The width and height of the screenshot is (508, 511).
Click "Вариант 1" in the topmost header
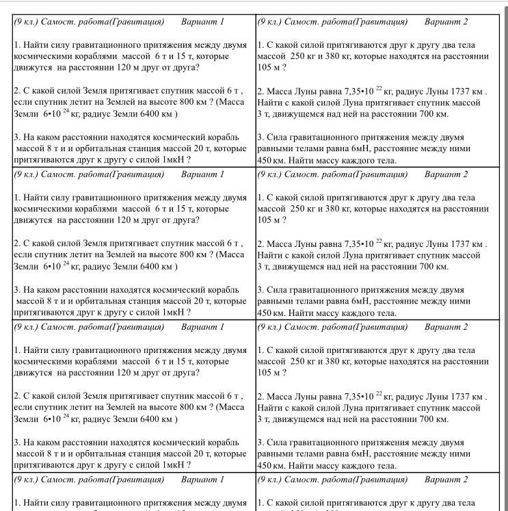point(202,21)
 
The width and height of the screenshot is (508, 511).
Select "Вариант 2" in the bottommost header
point(446,480)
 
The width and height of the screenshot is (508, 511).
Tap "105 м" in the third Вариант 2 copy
point(268,373)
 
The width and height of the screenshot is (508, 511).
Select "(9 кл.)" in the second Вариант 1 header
point(27,174)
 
